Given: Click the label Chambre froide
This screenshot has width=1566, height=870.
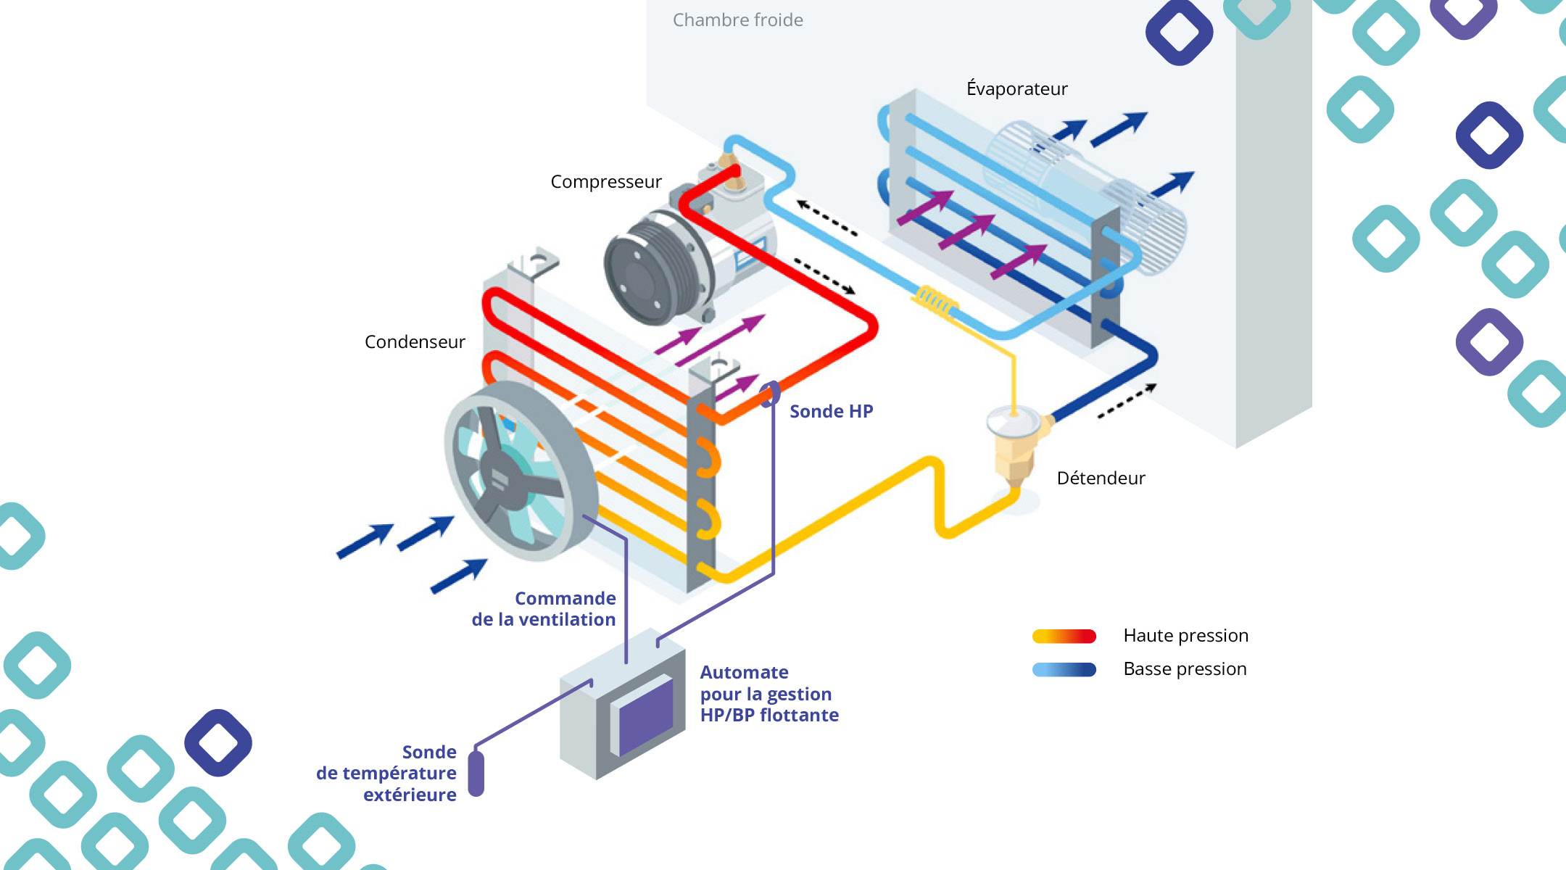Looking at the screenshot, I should [x=737, y=20].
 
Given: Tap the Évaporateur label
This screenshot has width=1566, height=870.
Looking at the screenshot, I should [x=1016, y=89].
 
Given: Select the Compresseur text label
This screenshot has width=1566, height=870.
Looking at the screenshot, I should [x=605, y=182].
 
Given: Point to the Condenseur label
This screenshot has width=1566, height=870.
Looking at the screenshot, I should [x=415, y=342].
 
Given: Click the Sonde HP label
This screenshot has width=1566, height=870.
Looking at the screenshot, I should [x=831, y=412].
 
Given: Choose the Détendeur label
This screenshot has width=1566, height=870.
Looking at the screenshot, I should [x=1101, y=478].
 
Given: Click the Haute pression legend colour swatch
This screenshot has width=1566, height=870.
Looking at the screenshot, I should [x=1064, y=637].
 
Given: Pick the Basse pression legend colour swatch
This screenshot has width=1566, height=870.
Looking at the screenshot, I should [x=1064, y=670].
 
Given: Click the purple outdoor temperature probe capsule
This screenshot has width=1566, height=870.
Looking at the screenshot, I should [x=476, y=774].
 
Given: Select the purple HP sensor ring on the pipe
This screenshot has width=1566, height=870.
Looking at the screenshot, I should [x=771, y=394].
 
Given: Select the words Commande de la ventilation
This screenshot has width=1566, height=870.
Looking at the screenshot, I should [x=544, y=609].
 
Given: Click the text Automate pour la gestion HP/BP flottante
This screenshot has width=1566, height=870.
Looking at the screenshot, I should [x=768, y=694].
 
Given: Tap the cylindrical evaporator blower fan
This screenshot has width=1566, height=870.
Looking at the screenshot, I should [x=1087, y=196].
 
